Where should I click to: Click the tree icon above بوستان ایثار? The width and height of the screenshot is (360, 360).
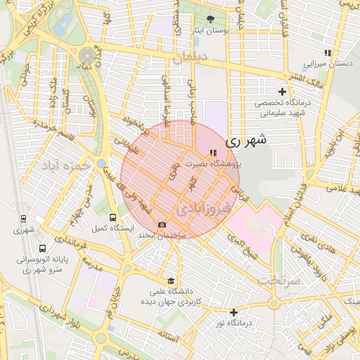pos(212,18)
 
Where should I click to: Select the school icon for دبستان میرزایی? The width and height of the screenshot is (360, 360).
pos(327,53)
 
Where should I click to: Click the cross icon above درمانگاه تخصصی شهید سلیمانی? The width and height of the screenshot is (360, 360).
pos(282,91)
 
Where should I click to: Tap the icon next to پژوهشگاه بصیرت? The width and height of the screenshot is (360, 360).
pos(213,153)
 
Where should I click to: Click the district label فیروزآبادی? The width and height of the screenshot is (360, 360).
pos(202,209)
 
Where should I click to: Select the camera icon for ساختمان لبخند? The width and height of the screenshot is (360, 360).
pos(162,224)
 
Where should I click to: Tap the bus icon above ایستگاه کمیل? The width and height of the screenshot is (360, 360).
pos(113,217)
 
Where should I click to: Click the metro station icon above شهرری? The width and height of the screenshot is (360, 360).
pos(23,219)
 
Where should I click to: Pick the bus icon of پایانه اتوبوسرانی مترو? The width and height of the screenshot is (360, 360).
pos(42,248)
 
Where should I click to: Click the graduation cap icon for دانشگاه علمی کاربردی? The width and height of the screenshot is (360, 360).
pos(169,280)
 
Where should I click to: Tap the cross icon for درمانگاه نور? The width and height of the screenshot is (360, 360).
pos(233,311)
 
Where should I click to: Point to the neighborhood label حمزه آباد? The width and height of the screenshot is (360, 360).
pos(66,166)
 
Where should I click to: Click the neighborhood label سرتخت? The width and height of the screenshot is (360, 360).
pos(279,279)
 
